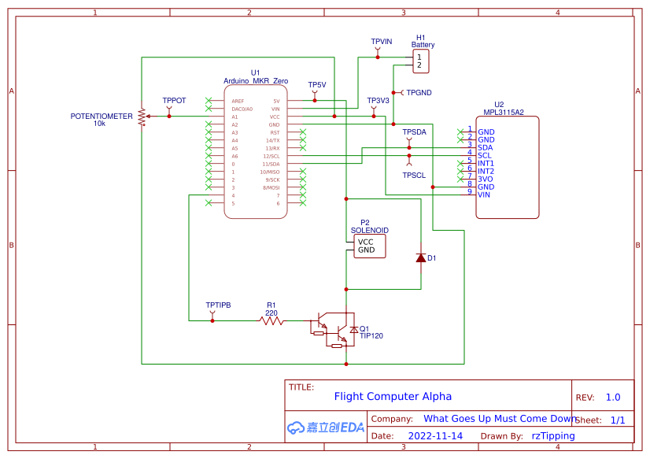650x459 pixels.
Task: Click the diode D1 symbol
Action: click(420, 257)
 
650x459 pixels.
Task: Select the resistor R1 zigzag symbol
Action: click(271, 320)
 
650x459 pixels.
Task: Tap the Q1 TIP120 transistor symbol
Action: click(334, 329)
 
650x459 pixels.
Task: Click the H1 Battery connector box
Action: click(422, 61)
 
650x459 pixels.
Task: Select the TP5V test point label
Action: click(316, 85)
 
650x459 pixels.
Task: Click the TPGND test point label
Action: click(419, 93)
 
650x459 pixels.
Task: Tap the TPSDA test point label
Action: click(414, 131)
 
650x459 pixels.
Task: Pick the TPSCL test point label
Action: click(414, 175)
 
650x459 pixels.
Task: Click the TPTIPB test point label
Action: click(218, 305)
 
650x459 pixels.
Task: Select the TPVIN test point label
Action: click(381, 41)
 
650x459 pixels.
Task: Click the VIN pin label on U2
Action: click(485, 194)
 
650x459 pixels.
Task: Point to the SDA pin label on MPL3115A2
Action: click(485, 147)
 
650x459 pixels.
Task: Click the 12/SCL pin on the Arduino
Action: click(271, 156)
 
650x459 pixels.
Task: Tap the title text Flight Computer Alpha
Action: click(393, 397)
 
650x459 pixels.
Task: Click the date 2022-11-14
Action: click(435, 435)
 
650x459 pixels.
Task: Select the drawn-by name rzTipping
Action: click(553, 435)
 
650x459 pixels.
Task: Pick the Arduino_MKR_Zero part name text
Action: click(256, 81)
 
